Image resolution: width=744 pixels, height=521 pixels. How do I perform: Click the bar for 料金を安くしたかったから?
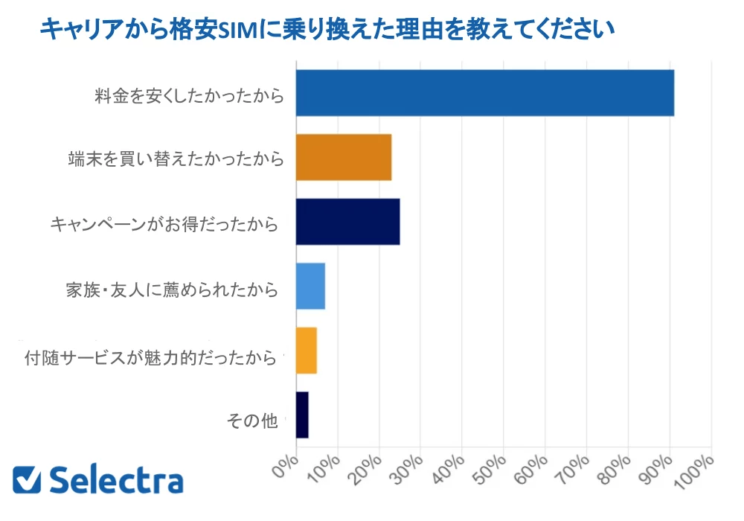(484, 93)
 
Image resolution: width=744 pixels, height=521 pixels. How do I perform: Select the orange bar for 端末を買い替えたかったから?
(344, 158)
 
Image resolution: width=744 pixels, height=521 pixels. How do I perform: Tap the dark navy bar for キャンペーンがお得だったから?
(347, 222)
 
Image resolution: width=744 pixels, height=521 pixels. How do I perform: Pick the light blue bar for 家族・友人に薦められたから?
(310, 287)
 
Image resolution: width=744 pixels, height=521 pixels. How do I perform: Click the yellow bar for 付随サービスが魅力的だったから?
(307, 351)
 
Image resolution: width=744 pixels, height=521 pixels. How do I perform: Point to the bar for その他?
(302, 415)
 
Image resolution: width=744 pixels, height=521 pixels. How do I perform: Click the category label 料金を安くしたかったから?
(189, 95)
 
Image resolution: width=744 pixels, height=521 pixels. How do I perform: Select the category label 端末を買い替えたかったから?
(176, 159)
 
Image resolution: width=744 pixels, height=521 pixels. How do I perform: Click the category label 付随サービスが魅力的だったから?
(154, 358)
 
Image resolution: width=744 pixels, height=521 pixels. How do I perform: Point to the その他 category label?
(251, 422)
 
